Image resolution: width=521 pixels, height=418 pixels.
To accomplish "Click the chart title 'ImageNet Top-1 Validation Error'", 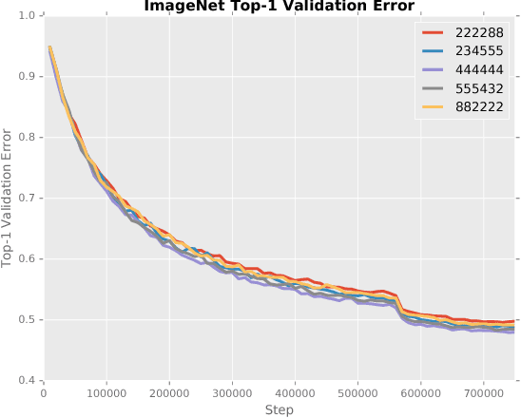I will [279, 7].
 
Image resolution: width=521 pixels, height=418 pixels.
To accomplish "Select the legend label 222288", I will [482, 34].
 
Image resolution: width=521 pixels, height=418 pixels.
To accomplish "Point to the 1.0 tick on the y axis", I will [28, 16].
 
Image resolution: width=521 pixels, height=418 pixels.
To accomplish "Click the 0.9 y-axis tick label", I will [28, 77].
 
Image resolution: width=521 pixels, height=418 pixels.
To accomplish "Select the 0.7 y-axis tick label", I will [28, 199].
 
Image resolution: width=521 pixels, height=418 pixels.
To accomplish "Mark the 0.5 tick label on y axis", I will [28, 320].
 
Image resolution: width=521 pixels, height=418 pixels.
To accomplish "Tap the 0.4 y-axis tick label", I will [28, 381].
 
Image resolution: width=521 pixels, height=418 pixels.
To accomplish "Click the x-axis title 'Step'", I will [279, 409].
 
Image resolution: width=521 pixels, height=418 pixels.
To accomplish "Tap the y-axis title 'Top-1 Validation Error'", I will [9, 199].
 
